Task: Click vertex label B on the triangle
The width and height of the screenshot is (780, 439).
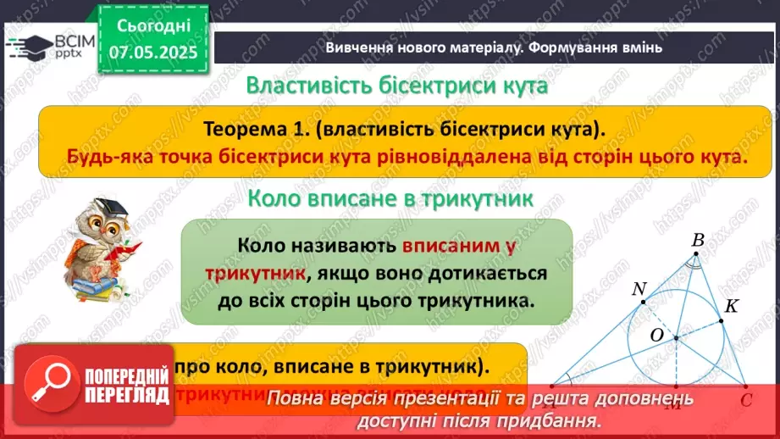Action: coord(698,242)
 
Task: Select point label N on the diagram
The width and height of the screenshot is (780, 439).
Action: coord(639,289)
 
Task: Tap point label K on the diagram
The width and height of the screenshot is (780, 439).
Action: coord(733,307)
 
